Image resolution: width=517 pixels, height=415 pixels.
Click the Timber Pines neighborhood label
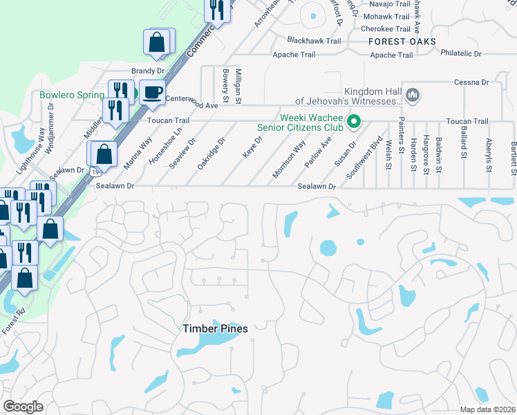coord(214,329)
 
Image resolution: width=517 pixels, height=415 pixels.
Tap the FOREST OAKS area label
coord(402,41)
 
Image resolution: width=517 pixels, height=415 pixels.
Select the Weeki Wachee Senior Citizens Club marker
coord(355,122)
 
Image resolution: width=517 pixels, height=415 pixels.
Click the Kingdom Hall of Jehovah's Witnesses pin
coord(413,93)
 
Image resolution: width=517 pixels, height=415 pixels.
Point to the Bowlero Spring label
coord(72,95)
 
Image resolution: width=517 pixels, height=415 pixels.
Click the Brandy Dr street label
coord(148,71)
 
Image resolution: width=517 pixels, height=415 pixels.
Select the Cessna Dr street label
coord(471,82)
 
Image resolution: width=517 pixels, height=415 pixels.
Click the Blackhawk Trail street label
coord(314,41)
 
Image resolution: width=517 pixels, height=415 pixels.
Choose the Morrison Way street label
coord(290,160)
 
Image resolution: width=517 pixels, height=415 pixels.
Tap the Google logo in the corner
coord(23,407)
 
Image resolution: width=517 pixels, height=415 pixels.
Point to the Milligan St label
coord(238,86)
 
